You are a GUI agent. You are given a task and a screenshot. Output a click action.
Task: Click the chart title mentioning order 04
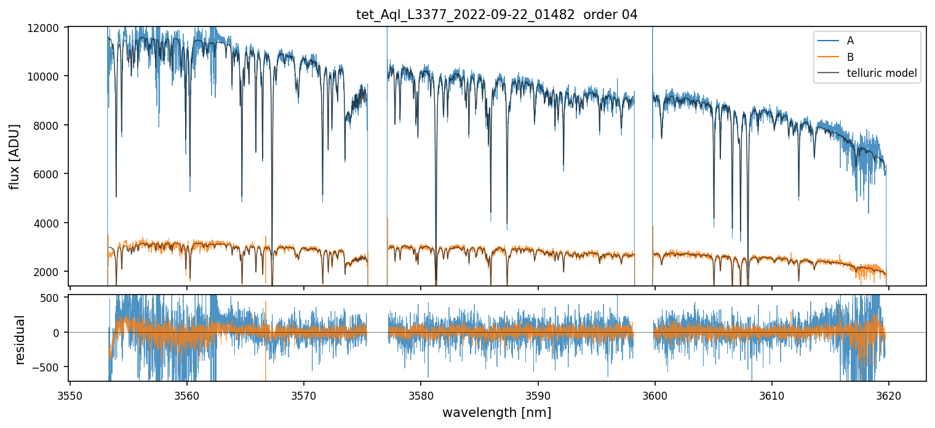497,15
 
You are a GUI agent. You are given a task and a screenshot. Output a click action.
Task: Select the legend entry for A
850,41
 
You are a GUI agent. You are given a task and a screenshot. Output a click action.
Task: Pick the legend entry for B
850,57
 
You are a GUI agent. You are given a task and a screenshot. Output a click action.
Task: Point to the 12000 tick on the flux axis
47,28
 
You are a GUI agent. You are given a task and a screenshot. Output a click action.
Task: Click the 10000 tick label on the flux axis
47,76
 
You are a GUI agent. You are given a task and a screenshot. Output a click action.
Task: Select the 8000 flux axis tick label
49,125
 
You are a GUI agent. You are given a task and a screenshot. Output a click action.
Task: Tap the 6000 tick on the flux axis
49,174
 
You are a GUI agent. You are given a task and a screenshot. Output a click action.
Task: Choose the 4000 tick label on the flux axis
49,223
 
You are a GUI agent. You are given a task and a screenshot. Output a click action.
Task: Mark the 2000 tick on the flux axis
49,272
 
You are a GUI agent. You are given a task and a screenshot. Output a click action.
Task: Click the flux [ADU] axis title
14,157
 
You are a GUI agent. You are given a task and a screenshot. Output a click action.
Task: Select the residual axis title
20,339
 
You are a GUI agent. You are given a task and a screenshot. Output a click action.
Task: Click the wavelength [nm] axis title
497,412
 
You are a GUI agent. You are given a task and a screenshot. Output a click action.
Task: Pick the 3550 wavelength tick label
70,394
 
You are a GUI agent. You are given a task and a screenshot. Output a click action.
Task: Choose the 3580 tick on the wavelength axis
421,394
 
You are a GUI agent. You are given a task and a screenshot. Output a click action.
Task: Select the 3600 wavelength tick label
654,394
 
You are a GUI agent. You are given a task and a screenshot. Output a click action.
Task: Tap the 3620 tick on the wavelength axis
888,394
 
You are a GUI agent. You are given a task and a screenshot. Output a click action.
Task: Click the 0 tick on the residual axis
61,333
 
